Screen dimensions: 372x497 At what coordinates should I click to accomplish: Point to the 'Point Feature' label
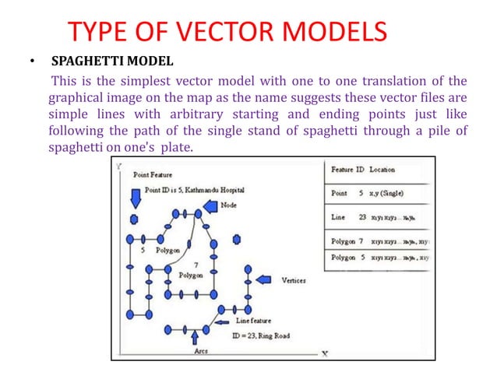click(x=153, y=175)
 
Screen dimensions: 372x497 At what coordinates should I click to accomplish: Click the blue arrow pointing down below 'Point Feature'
click(x=135, y=200)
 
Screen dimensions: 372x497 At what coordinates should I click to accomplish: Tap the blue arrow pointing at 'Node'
click(x=210, y=206)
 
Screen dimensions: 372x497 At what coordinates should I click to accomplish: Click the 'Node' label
click(x=229, y=205)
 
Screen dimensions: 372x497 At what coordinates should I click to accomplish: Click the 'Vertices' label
click(x=293, y=280)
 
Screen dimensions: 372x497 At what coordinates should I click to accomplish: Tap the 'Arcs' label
click(x=201, y=351)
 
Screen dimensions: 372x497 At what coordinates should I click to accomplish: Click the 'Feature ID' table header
click(x=347, y=169)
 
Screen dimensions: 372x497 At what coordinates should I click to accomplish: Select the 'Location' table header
click(x=382, y=169)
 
